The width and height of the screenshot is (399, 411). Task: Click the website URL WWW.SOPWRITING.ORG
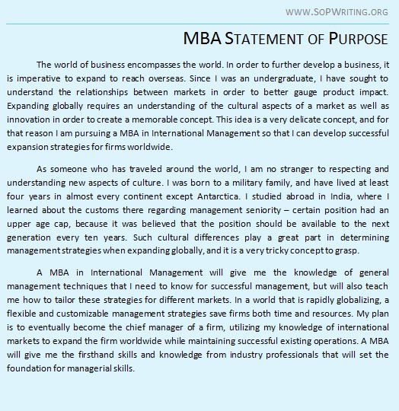point(336,11)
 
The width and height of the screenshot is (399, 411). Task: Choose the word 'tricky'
point(282,250)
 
